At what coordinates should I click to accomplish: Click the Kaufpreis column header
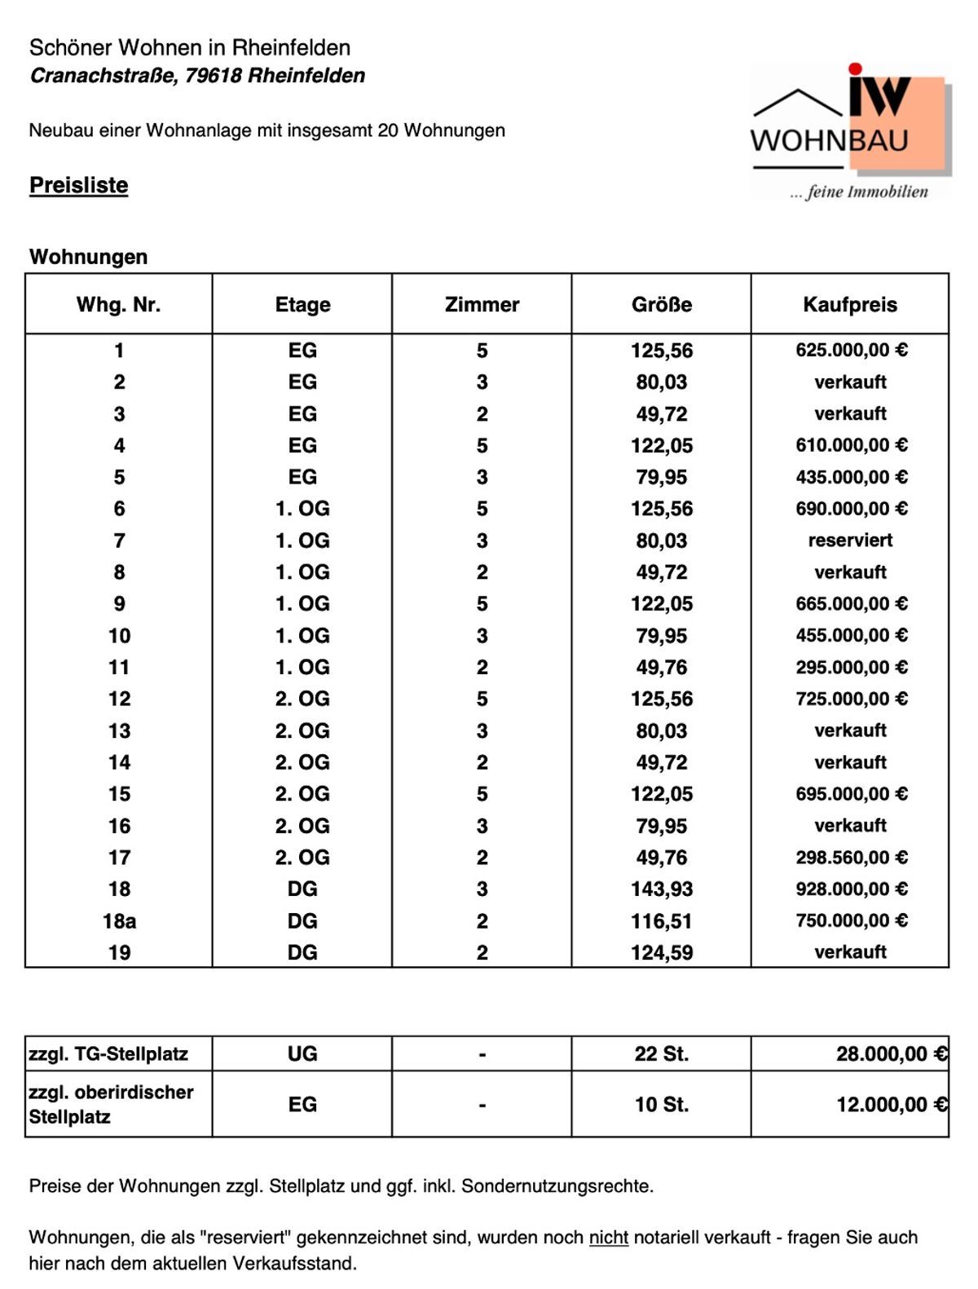coord(849,305)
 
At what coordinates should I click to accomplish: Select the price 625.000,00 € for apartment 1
coord(851,351)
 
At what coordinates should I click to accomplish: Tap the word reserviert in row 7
coord(850,541)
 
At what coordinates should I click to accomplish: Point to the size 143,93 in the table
coord(661,889)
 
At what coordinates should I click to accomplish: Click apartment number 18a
coord(119,921)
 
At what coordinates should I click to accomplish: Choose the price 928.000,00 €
coord(851,889)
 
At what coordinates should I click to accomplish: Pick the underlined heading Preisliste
coord(78,185)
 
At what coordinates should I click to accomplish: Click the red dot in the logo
coord(855,69)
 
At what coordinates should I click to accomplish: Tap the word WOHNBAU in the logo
coord(829,141)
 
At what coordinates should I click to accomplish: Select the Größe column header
coord(661,305)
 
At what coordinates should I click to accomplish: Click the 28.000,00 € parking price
coord(891,1054)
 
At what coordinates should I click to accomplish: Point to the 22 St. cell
coord(661,1054)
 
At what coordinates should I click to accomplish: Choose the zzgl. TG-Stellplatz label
coord(108,1054)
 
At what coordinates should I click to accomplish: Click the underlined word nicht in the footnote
coord(608,1238)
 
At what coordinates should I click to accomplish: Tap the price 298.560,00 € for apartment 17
coord(851,858)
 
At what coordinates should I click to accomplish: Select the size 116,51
coord(661,921)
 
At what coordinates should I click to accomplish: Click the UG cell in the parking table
coord(302,1054)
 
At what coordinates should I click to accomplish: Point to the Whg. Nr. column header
coord(119,305)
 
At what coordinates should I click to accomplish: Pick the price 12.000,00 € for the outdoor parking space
coord(891,1105)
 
